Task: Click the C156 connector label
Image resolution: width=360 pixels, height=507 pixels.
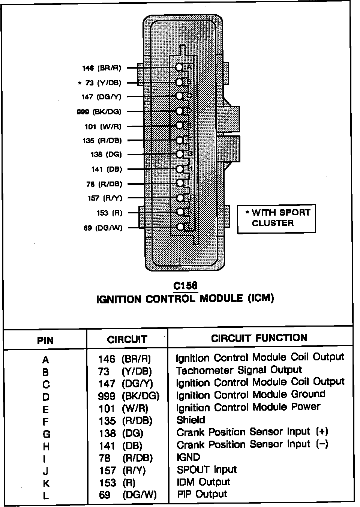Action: click(x=185, y=286)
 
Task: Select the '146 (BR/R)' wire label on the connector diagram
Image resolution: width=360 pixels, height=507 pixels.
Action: click(x=102, y=68)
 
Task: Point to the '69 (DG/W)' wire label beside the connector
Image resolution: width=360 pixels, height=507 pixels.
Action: click(x=103, y=228)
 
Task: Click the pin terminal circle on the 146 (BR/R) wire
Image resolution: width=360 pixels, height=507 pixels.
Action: click(x=180, y=67)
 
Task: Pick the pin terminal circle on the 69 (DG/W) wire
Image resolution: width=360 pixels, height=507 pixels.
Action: click(x=180, y=227)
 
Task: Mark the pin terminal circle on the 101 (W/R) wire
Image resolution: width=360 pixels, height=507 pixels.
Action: click(x=180, y=126)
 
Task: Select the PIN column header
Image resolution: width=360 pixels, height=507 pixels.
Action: click(x=45, y=340)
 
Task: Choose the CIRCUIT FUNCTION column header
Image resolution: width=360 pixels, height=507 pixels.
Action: click(x=259, y=338)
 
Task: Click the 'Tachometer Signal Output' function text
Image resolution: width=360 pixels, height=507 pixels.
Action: click(x=239, y=370)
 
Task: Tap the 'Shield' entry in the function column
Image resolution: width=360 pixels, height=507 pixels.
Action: click(x=191, y=420)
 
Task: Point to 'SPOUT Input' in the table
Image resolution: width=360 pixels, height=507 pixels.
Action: click(x=207, y=469)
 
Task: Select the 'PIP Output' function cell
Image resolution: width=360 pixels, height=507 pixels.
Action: click(x=202, y=494)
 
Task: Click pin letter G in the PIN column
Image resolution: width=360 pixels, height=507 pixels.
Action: click(x=46, y=434)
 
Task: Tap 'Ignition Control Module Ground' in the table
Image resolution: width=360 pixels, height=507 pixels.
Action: click(x=250, y=395)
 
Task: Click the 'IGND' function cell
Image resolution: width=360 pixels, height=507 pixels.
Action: click(x=188, y=457)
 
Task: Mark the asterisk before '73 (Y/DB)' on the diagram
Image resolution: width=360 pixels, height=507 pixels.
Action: click(x=79, y=83)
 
